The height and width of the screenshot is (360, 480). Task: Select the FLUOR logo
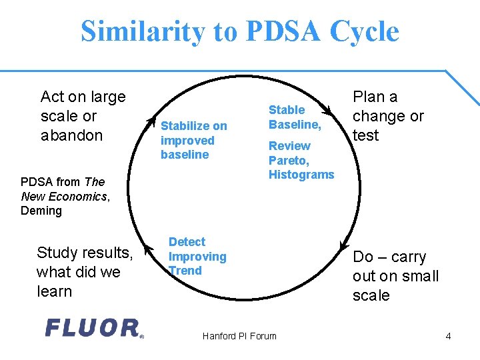(x=93, y=327)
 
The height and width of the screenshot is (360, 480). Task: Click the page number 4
(x=448, y=336)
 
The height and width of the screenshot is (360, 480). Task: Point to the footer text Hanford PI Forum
(x=239, y=336)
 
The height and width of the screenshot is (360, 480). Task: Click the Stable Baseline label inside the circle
(x=295, y=117)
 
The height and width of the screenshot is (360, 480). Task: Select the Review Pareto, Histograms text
(x=301, y=160)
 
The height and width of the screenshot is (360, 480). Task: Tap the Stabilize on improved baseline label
(x=193, y=140)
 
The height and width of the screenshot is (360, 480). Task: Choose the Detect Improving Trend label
(x=197, y=256)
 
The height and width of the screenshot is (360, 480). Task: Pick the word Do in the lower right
(x=363, y=257)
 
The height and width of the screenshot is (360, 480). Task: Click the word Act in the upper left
(x=53, y=97)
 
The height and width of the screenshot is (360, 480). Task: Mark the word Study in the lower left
(x=57, y=253)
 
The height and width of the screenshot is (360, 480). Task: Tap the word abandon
(x=71, y=135)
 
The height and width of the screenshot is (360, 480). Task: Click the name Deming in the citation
(x=41, y=211)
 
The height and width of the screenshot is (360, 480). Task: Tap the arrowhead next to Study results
(x=143, y=233)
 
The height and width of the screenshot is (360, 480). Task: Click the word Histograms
(x=301, y=175)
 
